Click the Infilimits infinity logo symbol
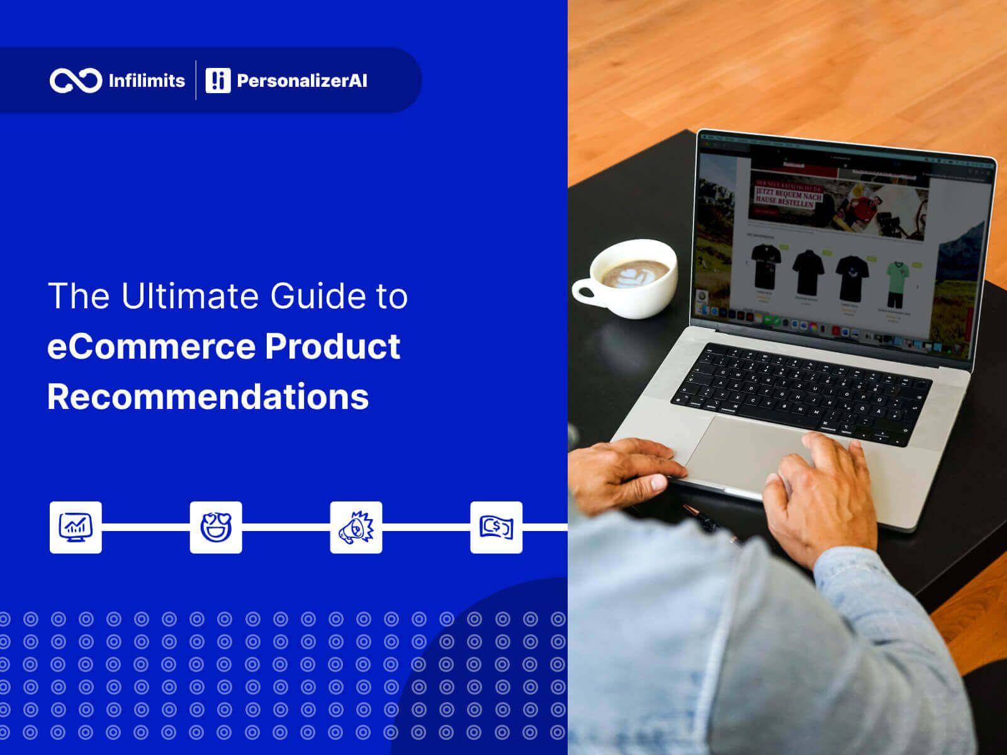point(76,81)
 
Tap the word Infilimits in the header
point(147,81)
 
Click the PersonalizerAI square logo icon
point(218,81)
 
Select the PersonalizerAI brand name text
point(302,81)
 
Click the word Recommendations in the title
point(208,397)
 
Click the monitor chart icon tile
point(76,527)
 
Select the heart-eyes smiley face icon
point(216,527)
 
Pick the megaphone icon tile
point(356,527)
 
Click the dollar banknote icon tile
point(497,527)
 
